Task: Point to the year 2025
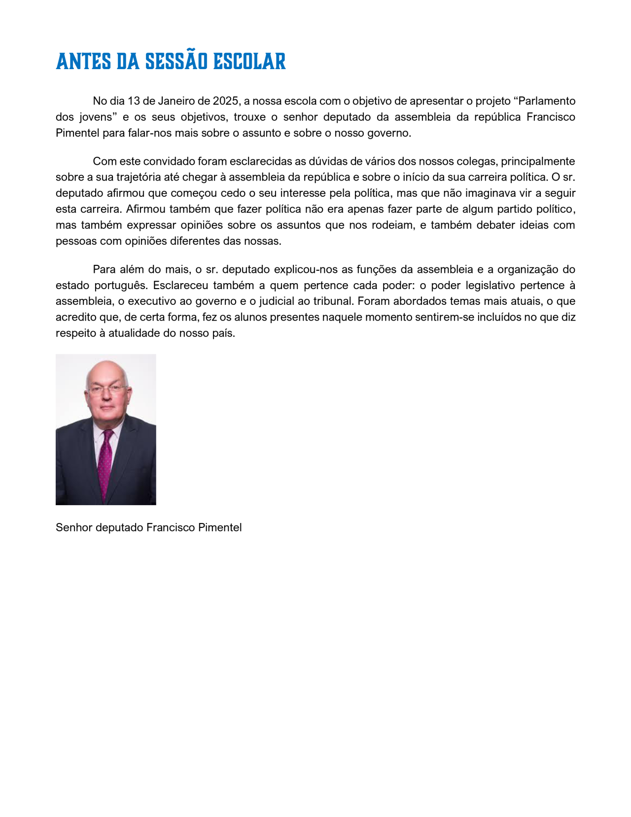pos(226,101)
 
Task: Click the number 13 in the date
pos(134,101)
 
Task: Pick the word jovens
pos(96,117)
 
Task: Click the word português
pos(121,286)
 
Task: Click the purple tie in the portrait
pos(105,461)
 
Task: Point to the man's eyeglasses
pos(106,390)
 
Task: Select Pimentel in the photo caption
pos(220,528)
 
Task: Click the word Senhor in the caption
pos(74,528)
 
